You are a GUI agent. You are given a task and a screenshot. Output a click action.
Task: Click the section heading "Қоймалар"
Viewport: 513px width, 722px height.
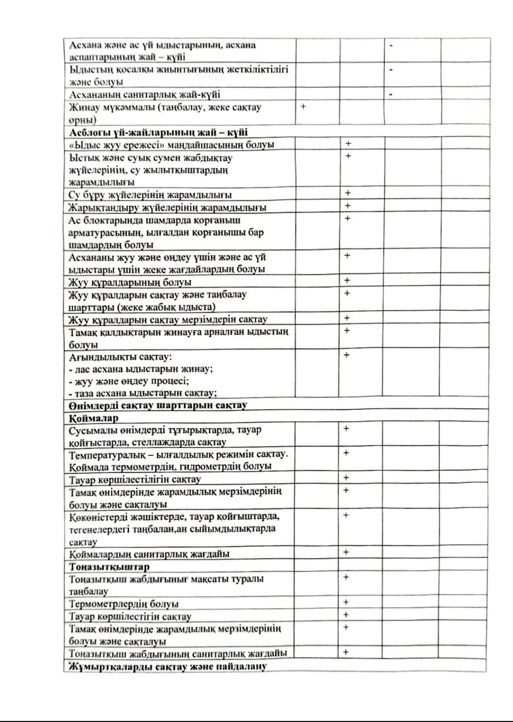[93, 418]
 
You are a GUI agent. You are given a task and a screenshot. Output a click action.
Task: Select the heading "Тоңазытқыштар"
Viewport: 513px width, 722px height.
[109, 566]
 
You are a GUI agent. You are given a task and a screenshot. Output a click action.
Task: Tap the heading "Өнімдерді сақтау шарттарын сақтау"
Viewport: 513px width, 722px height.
[158, 405]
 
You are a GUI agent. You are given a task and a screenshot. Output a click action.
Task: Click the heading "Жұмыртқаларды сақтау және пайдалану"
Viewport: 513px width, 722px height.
[167, 666]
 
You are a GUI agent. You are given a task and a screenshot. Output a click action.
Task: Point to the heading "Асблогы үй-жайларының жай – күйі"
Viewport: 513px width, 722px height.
[158, 133]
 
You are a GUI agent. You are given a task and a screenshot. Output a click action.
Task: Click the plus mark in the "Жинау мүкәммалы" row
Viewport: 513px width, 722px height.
[303, 106]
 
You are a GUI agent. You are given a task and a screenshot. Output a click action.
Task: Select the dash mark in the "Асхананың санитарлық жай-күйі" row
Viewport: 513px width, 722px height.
[391, 94]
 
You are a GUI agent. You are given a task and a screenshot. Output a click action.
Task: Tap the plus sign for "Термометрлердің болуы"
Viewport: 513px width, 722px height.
[346, 602]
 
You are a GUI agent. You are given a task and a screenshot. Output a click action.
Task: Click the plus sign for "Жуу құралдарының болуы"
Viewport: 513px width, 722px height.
[347, 280]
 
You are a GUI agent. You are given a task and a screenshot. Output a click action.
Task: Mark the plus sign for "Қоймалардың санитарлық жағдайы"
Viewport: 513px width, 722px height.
[346, 552]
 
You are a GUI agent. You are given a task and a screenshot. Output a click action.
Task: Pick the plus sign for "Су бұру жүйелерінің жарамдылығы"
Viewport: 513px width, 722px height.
[348, 193]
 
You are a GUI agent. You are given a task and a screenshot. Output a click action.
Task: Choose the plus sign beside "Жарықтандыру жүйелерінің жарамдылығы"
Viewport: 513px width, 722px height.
[348, 206]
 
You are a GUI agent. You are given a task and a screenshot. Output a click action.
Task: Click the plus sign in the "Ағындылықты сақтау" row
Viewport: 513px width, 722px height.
[346, 355]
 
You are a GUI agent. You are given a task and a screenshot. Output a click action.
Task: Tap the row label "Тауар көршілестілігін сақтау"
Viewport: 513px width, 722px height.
[135, 479]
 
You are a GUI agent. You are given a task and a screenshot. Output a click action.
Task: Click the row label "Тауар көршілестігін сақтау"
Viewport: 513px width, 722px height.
[130, 616]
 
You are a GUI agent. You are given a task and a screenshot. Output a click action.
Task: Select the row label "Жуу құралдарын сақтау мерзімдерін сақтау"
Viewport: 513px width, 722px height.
[168, 319]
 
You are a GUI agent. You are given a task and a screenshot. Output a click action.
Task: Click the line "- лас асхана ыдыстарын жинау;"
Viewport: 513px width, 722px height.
[141, 369]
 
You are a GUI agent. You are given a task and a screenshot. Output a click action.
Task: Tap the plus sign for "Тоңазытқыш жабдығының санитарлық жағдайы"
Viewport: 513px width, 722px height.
[346, 652]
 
